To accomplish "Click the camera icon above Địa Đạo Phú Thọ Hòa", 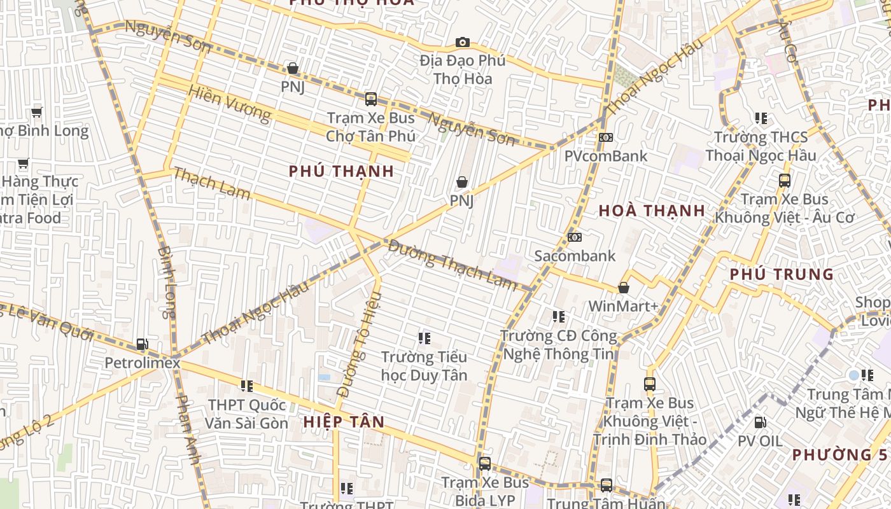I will (x=463, y=43).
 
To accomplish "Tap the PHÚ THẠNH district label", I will (x=341, y=171).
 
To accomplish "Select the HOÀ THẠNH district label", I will (x=652, y=211).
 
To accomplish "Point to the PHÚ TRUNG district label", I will (x=781, y=274).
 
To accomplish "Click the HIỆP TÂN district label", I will (x=344, y=422).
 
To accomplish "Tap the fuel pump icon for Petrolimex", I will (x=143, y=345).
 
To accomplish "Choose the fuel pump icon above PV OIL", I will (x=760, y=422).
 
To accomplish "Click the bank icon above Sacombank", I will (x=575, y=237).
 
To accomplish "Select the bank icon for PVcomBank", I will (x=605, y=137).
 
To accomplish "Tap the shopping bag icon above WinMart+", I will (x=624, y=288).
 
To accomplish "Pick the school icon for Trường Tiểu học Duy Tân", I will (x=424, y=338).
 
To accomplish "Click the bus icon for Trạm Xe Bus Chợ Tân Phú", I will (x=370, y=99).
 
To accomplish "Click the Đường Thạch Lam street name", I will (x=453, y=263).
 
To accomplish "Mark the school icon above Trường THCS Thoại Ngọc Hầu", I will (x=761, y=118).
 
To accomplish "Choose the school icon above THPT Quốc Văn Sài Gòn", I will (x=246, y=386).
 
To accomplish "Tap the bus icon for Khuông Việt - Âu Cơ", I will (x=784, y=181).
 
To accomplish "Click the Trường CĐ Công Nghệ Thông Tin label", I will (x=559, y=345).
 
